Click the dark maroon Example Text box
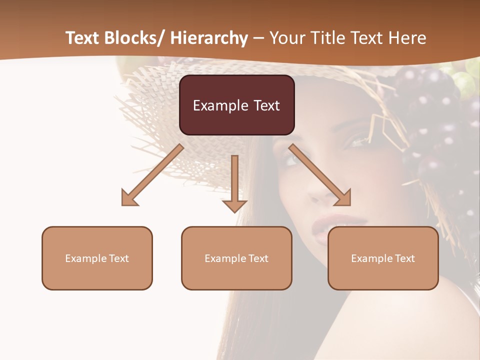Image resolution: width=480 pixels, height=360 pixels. point(236,105)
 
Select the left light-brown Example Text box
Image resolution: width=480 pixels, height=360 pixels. point(97,258)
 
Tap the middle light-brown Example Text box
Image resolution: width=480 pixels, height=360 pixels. point(236,258)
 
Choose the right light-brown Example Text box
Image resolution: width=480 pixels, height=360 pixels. point(383,258)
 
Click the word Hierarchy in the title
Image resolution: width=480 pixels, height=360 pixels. point(209,38)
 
